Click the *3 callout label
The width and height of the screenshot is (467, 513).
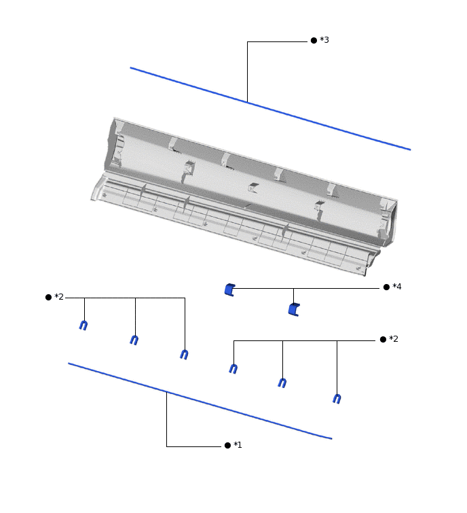click(x=324, y=41)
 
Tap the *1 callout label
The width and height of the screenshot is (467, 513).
click(x=238, y=445)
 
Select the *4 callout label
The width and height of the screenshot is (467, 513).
click(x=397, y=287)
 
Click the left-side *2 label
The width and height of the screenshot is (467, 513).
click(x=59, y=297)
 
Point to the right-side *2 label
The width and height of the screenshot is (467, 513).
click(x=394, y=339)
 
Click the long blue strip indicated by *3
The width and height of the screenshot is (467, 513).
click(x=272, y=109)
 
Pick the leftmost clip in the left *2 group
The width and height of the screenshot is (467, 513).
click(x=83, y=325)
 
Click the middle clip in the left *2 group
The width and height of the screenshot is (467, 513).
click(x=134, y=340)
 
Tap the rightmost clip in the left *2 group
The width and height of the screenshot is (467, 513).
click(x=184, y=354)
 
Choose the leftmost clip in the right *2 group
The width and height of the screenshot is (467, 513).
click(x=233, y=368)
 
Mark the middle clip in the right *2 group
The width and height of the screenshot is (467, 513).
click(x=282, y=383)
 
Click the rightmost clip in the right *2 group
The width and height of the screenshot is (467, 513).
click(x=337, y=398)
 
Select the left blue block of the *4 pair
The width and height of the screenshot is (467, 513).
click(x=229, y=289)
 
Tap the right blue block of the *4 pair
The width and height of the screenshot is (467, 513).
click(x=293, y=310)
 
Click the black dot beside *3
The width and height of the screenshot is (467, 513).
click(x=314, y=41)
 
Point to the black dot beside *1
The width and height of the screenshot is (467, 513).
click(x=227, y=445)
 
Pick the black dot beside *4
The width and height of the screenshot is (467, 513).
click(x=386, y=287)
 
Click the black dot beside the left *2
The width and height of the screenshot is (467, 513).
click(x=48, y=297)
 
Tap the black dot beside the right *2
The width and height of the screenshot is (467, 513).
click(x=383, y=339)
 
